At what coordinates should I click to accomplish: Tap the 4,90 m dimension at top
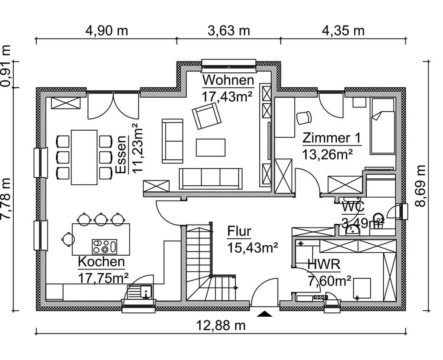pyautogui.click(x=106, y=31)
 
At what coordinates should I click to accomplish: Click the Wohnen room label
pyautogui.click(x=228, y=80)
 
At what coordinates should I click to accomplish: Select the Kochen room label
pyautogui.click(x=101, y=262)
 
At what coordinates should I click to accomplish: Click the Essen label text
pyautogui.click(x=122, y=154)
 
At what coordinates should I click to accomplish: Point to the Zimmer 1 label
pyautogui.click(x=331, y=138)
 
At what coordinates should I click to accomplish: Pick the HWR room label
pyautogui.click(x=324, y=264)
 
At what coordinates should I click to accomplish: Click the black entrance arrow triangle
pyautogui.click(x=265, y=314)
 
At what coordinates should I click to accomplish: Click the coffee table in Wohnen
pyautogui.click(x=210, y=147)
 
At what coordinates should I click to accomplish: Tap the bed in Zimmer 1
pyautogui.click(x=382, y=126)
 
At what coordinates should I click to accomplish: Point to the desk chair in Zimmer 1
pyautogui.click(x=304, y=118)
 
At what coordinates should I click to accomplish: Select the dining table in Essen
pyautogui.click(x=84, y=156)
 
